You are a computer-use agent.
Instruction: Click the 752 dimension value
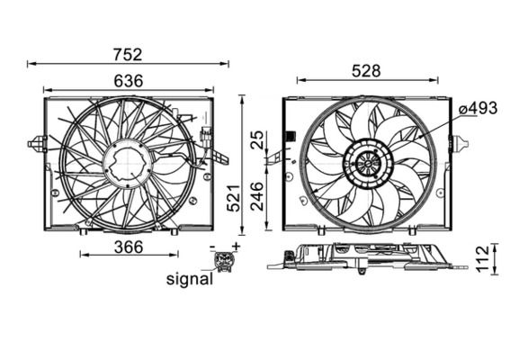(128, 55)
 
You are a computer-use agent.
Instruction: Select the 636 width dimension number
(128, 80)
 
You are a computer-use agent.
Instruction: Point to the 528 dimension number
(366, 70)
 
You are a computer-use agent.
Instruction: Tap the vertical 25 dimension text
(258, 139)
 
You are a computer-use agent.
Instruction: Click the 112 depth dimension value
(482, 258)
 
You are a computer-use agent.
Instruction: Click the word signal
(190, 279)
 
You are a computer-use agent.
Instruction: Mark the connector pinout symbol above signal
(222, 261)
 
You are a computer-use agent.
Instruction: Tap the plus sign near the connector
(236, 246)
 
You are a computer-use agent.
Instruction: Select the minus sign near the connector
(212, 246)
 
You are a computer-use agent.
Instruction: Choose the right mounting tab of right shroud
(461, 142)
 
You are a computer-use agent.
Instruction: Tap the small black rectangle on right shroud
(291, 138)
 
